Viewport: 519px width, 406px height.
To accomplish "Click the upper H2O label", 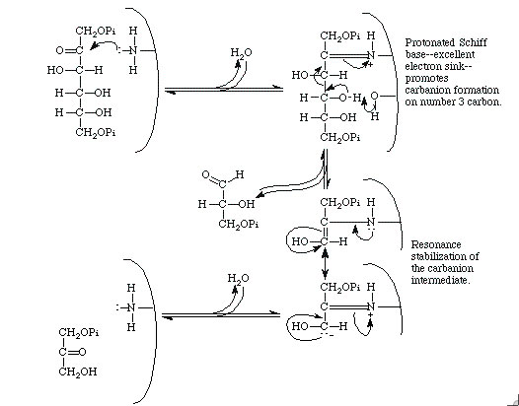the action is pyautogui.click(x=241, y=52).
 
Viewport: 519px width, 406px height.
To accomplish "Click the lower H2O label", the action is pyautogui.click(x=239, y=278).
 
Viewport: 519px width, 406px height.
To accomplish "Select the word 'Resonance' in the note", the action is pyautogui.click(x=435, y=244).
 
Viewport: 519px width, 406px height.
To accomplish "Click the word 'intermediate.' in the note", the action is pyautogui.click(x=440, y=281).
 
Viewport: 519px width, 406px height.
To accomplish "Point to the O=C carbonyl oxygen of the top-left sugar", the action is pyautogui.click(x=59, y=50).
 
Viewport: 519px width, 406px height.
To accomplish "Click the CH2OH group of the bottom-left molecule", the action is pyautogui.click(x=78, y=372).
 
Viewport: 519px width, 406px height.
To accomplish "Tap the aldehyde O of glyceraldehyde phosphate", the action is pyautogui.click(x=206, y=174).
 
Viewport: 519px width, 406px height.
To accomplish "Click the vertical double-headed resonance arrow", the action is pyautogui.click(x=325, y=263).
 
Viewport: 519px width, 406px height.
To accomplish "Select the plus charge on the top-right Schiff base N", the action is pyautogui.click(x=370, y=65).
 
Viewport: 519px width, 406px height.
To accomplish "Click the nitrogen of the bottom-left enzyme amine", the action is pyautogui.click(x=131, y=307).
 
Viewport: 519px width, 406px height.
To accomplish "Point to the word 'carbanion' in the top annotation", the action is pyautogui.click(x=427, y=91).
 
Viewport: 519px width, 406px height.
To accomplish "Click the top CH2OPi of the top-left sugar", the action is pyautogui.click(x=96, y=32).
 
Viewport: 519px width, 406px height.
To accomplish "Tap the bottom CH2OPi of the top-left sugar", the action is pyautogui.click(x=96, y=133).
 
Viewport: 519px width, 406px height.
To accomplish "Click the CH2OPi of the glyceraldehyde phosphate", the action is pyautogui.click(x=239, y=224).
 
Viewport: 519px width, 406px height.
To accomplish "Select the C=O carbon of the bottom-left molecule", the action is pyautogui.click(x=62, y=352).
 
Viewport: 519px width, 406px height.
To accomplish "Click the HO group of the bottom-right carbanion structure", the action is pyautogui.click(x=300, y=326).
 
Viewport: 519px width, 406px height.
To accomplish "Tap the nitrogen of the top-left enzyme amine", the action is pyautogui.click(x=133, y=50).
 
